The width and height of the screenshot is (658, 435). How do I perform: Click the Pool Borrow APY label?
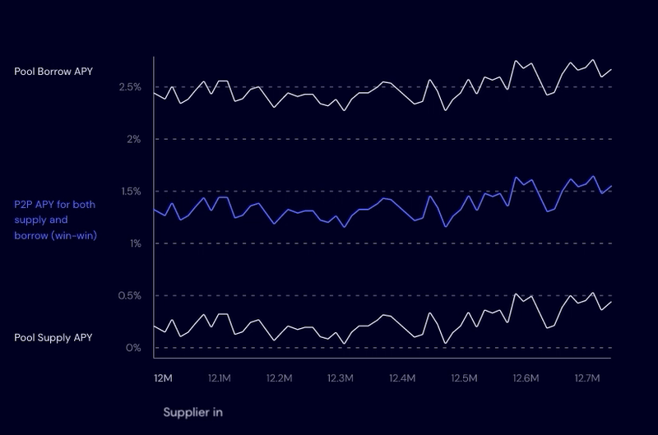[x=53, y=72]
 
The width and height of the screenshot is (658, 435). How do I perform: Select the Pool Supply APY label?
[x=53, y=338]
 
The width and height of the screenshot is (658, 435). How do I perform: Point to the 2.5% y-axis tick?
[x=131, y=87]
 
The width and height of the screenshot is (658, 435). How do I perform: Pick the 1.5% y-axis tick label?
[x=131, y=192]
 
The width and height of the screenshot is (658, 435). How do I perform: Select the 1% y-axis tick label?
[x=136, y=243]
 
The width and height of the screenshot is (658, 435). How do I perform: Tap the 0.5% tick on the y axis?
[x=131, y=296]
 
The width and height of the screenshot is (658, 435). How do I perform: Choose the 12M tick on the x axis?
[x=163, y=379]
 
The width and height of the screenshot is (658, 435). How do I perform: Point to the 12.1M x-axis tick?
[x=220, y=379]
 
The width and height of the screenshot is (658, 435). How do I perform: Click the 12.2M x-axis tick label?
[x=280, y=379]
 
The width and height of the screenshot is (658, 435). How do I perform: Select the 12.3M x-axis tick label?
[x=341, y=379]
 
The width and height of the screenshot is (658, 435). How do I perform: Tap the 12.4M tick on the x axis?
[x=402, y=379]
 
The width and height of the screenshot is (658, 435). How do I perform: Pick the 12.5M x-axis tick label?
[x=464, y=379]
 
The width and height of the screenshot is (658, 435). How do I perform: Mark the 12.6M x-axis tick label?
[x=525, y=379]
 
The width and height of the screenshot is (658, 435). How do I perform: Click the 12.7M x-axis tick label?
[x=587, y=379]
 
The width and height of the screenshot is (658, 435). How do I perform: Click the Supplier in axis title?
[x=193, y=411]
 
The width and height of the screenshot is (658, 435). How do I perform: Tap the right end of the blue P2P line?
[x=611, y=186]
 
